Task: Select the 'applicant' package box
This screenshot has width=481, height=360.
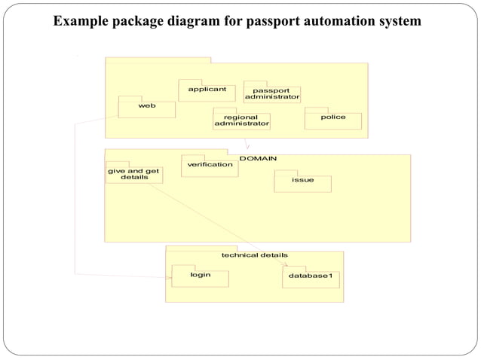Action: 207,91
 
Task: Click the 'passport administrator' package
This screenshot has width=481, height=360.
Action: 272,94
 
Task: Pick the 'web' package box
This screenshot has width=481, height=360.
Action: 147,108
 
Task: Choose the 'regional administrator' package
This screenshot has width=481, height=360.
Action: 241,121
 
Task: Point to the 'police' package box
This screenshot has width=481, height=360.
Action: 333,120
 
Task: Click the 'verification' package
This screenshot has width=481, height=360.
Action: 210,166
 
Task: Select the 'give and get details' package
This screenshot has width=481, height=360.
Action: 133,174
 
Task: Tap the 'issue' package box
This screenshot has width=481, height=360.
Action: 302,182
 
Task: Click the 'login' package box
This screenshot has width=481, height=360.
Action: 200,276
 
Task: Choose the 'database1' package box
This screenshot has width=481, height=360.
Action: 311,278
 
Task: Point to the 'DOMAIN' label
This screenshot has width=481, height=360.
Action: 258,158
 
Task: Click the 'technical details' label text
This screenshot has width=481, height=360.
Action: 254,255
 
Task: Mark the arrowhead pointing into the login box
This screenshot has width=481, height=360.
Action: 168,278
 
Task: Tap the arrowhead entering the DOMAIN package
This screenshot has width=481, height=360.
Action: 248,146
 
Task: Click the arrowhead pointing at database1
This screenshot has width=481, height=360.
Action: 285,264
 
